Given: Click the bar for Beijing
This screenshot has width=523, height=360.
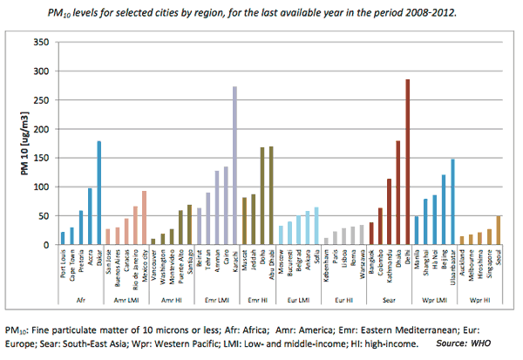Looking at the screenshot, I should [443, 210].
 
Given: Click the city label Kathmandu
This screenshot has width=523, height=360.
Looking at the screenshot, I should [388, 270].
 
